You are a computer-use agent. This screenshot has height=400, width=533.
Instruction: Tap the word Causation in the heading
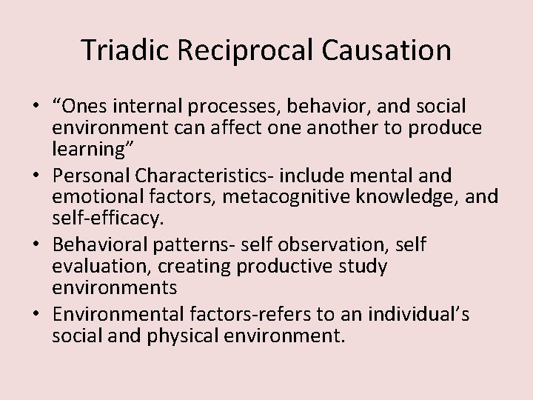click(x=392, y=50)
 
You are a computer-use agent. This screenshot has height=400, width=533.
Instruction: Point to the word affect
click(x=267, y=127)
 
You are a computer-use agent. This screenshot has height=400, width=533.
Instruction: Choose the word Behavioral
click(x=104, y=245)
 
